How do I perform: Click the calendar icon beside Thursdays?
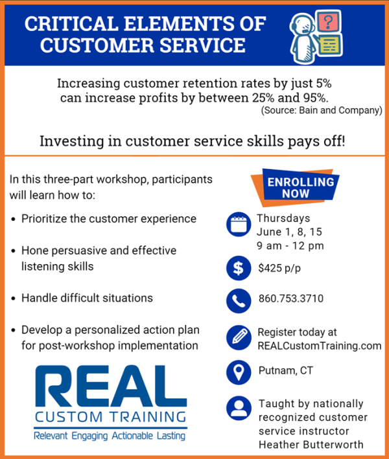pos(239,224)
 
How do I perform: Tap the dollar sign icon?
pos(239,268)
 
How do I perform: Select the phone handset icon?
pos(239,301)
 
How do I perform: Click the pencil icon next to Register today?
pos(239,337)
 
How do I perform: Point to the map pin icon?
pos(239,372)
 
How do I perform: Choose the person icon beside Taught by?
pos(239,408)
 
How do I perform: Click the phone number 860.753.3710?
pos(291,298)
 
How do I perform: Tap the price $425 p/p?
pos(279,268)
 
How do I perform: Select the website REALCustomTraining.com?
pos(320,346)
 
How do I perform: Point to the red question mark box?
pos(328,21)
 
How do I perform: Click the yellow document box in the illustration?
pos(329,45)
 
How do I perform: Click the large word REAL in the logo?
pos(111,386)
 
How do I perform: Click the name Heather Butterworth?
pos(311,445)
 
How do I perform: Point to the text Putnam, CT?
pos(286,370)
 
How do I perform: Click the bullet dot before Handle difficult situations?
pos(13,298)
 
